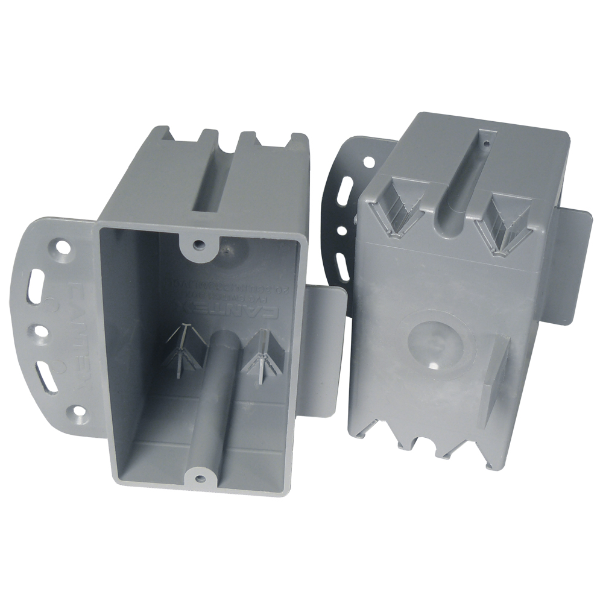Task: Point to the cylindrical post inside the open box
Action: coord(221,386)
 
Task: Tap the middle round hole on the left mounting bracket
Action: coord(42,330)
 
